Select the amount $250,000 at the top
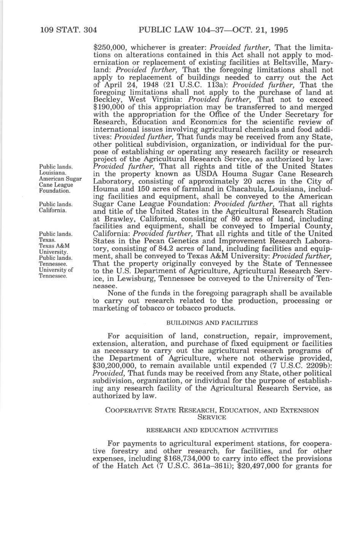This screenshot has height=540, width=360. pyautogui.click(x=110, y=48)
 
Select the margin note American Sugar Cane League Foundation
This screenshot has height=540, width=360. pyautogui.click(x=60, y=185)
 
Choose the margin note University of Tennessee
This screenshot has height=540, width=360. pyautogui.click(x=56, y=273)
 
